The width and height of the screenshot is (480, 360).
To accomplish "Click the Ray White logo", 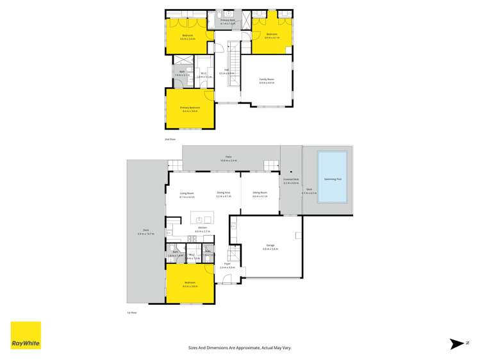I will pos(26,335).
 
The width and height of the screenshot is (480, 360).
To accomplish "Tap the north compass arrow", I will pos(457,344).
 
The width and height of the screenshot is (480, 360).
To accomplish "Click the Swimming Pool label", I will pos(333,179).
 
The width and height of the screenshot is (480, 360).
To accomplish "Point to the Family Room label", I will pos(266,80).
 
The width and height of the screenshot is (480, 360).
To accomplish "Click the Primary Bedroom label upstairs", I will pos(190,108).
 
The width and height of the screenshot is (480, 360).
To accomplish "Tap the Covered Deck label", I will pos(291,179).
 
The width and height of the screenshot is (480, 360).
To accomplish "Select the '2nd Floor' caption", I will pos(170,139).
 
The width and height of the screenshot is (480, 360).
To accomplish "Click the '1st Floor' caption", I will pos(132,312).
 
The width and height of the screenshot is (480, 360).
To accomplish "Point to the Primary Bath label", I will pos(228,20).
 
